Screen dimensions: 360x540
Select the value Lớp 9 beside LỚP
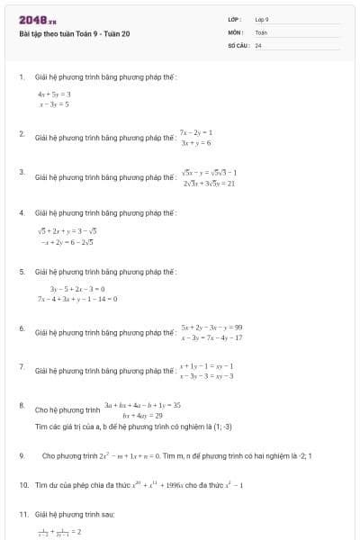click(262, 19)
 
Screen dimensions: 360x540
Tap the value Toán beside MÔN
click(261, 31)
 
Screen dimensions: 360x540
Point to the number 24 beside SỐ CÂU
click(258, 44)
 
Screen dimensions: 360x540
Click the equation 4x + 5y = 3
click(54, 94)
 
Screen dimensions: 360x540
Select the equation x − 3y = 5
click(53, 104)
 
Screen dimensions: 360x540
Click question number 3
click(22, 171)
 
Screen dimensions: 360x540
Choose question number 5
click(22, 271)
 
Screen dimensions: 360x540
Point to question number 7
click(22, 367)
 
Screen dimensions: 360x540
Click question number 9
click(22, 455)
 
